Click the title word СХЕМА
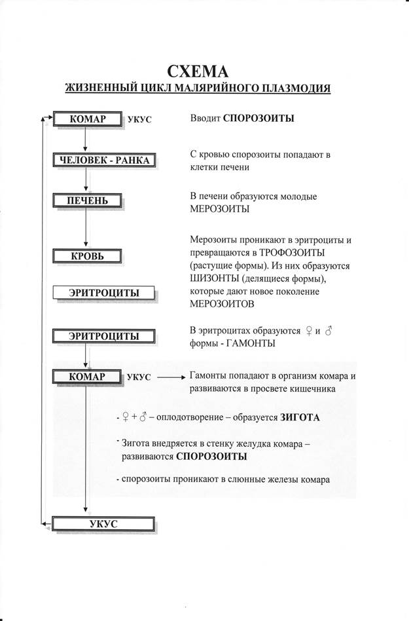coord(204,71)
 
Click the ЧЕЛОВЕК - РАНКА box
coord(104,160)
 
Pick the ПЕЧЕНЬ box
coord(87,200)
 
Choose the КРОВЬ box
coord(87,255)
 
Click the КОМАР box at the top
coord(87,119)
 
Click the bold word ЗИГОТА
coord(300,417)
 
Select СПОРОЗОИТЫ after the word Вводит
coord(258,119)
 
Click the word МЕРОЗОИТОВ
coord(222,305)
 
